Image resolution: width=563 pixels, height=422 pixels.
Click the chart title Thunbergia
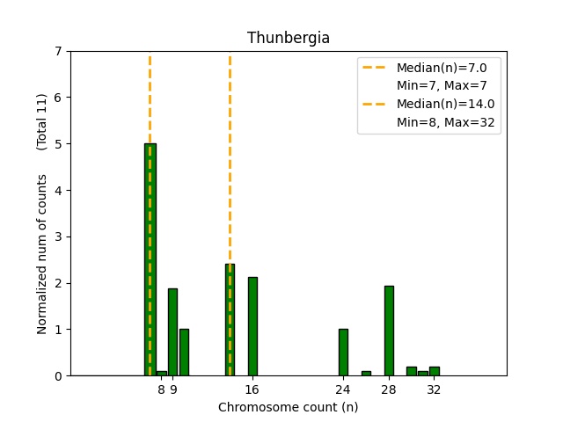pyautogui.click(x=289, y=38)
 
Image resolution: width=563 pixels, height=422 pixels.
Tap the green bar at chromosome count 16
pyautogui.click(x=252, y=326)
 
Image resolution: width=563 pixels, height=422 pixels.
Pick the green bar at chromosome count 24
pyautogui.click(x=343, y=353)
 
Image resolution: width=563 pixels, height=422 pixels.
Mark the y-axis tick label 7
pyautogui.click(x=58, y=51)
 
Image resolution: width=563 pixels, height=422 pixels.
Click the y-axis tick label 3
pyautogui.click(x=58, y=236)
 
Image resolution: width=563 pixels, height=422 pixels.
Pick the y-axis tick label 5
pyautogui.click(x=58, y=144)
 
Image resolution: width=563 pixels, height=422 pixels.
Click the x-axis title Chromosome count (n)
pyautogui.click(x=289, y=407)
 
